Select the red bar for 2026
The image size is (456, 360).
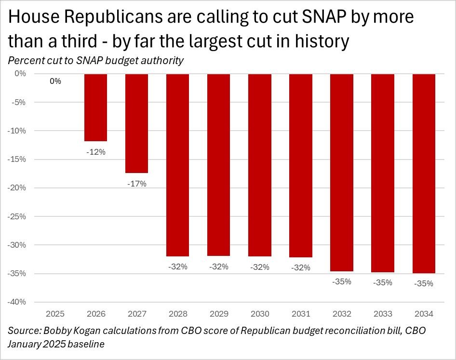point(96,107)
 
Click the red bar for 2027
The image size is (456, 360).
point(137,123)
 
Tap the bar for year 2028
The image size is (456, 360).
point(178,165)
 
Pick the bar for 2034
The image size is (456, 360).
point(424,173)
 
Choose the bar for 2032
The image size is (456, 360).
point(342,173)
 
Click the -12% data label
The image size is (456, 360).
point(96,152)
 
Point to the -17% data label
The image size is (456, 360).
point(137,184)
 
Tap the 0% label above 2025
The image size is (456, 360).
point(55,81)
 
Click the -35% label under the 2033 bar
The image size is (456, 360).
point(383,283)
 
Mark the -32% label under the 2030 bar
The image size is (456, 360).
point(260,267)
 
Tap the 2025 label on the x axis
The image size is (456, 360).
point(55,314)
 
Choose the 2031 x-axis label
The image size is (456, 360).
point(301,314)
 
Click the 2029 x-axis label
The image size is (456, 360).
point(219,314)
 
